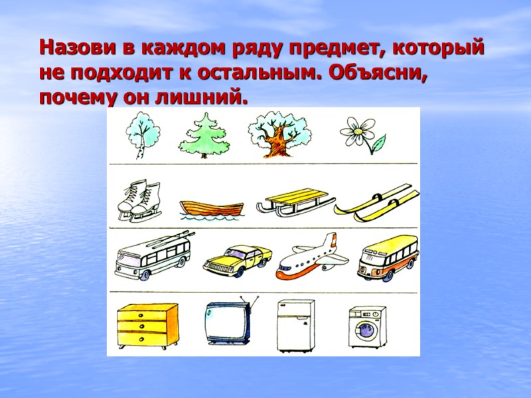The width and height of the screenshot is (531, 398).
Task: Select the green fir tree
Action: click(x=203, y=135)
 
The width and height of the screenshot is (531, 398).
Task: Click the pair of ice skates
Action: click(x=139, y=201)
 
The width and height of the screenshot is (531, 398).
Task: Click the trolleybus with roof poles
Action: click(x=154, y=255)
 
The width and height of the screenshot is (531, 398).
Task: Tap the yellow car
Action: click(x=236, y=258)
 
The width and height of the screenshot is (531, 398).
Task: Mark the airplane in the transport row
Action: click(x=311, y=257)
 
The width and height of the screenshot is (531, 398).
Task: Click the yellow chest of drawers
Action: click(x=147, y=324)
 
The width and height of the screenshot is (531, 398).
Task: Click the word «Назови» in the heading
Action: click(x=76, y=48)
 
